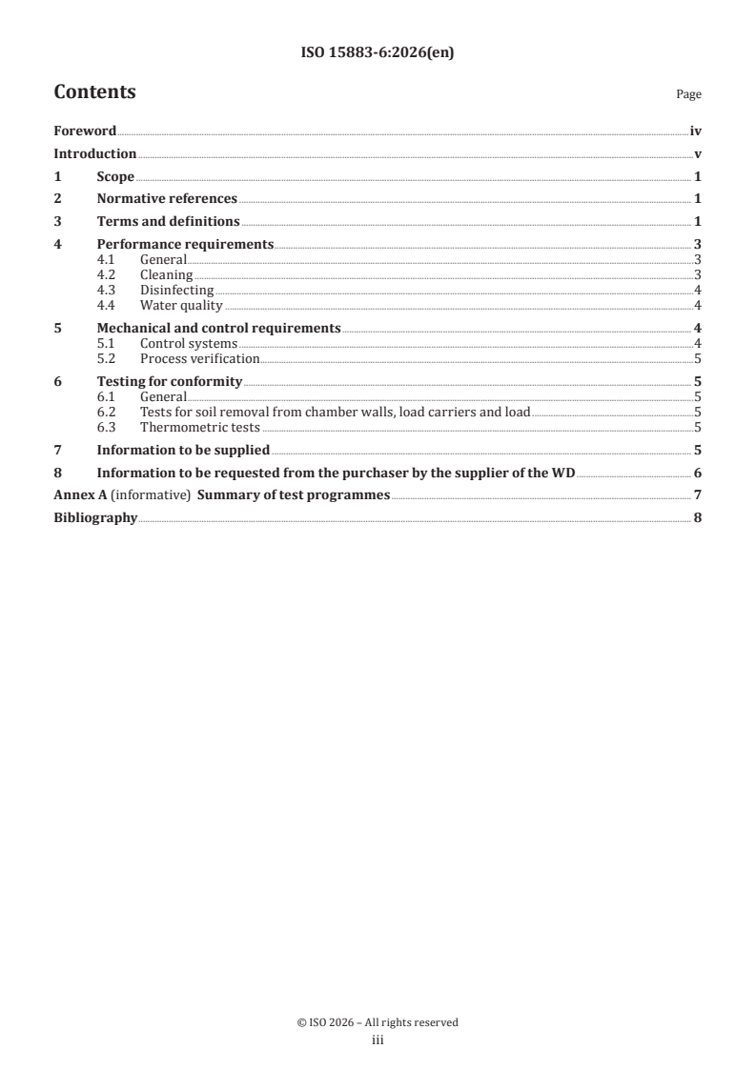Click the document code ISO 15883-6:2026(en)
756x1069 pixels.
[378, 53]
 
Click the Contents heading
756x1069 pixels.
[94, 92]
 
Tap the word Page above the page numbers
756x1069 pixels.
[688, 94]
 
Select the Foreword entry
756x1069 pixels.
[85, 131]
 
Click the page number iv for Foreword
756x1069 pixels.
[695, 131]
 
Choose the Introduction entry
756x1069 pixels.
[94, 153]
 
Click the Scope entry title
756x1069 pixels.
[115, 176]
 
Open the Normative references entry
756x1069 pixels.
[167, 198]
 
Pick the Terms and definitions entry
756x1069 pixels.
[168, 221]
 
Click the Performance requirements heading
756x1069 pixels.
[185, 244]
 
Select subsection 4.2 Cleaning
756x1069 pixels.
[166, 274]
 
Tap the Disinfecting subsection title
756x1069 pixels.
[176, 290]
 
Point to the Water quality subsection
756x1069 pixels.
[180, 305]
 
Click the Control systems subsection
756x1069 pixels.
[188, 343]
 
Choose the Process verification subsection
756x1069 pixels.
[199, 358]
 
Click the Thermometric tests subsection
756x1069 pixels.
[199, 427]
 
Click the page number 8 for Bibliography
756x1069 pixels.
[698, 518]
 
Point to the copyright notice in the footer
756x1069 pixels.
[378, 1022]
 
